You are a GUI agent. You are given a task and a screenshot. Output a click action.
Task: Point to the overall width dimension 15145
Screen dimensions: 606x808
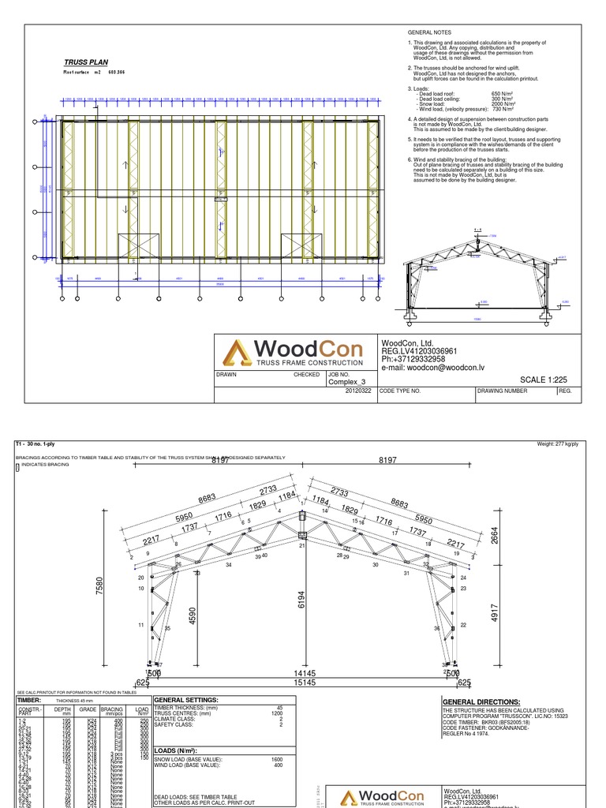point(304,683)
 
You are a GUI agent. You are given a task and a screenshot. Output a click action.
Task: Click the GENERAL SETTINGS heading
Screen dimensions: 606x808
point(186,700)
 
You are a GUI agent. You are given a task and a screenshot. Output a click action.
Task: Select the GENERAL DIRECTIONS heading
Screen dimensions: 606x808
point(481,702)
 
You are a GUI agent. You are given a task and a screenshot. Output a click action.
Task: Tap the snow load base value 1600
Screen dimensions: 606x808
point(277,759)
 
